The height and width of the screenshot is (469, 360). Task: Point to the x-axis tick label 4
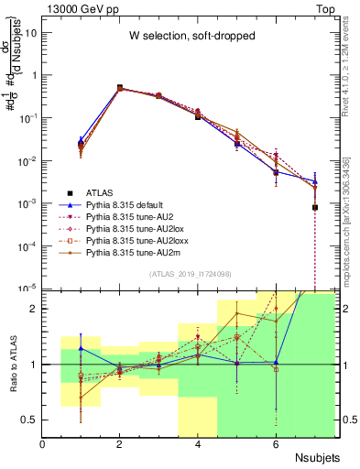198,445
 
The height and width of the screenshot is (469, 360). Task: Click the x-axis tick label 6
276,445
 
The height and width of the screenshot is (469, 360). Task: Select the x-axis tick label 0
42,445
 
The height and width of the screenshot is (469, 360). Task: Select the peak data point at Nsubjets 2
120,88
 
